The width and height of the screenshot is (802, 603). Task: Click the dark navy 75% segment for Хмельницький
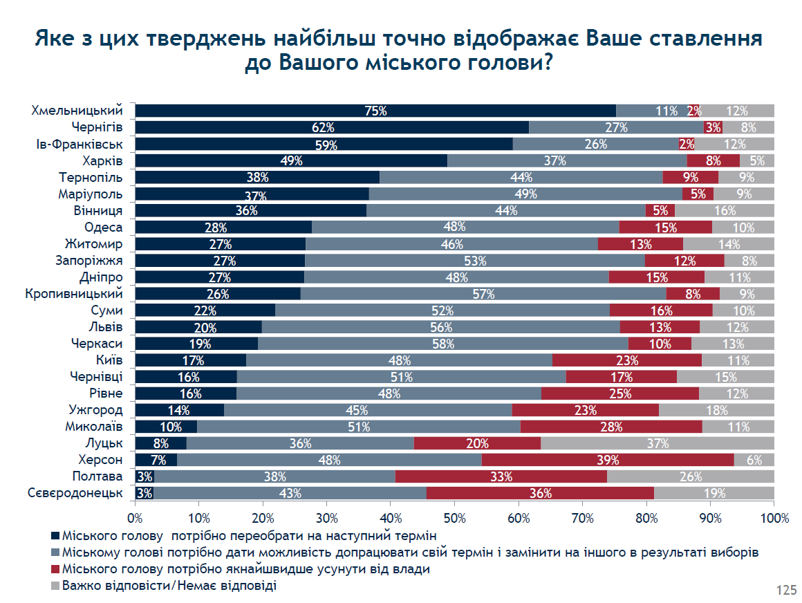[376, 111]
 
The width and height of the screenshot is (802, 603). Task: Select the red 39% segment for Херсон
[608, 460]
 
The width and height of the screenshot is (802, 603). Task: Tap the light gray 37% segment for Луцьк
[658, 443]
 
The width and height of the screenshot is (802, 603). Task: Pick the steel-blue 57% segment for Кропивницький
[483, 294]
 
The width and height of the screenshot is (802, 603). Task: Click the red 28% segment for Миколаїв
[611, 427]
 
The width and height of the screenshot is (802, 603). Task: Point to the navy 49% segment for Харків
[292, 160]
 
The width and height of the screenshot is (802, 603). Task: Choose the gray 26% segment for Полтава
[691, 476]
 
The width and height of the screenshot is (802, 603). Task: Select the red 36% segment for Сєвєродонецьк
[540, 493]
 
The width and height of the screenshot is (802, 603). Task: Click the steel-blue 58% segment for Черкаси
[443, 344]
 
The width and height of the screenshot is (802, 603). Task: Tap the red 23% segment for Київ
[627, 360]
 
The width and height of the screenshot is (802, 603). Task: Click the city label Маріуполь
[91, 194]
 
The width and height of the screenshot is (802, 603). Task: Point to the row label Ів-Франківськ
[80, 145]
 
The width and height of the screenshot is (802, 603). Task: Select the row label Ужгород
[95, 410]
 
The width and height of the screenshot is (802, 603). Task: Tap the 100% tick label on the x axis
[774, 518]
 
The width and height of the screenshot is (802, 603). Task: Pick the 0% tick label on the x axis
[135, 518]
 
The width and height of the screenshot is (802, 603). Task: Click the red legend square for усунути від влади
[55, 569]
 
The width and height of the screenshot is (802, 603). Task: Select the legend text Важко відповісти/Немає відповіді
[169, 586]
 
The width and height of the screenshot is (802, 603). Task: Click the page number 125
[786, 591]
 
